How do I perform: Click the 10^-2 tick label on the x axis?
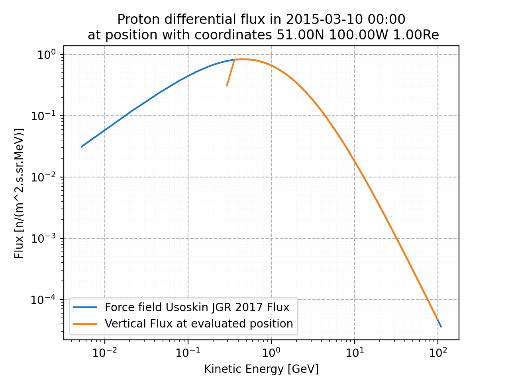104,352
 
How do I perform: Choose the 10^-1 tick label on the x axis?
188,352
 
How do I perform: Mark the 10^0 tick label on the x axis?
271,352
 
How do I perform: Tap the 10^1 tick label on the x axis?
355,352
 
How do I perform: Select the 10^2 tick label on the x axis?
438,352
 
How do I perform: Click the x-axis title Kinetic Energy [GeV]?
261,369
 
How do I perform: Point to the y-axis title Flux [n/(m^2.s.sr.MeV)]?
19,193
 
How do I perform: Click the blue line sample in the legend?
85,308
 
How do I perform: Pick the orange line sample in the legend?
85,324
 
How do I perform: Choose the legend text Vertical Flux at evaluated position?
199,324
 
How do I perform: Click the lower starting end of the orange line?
227,86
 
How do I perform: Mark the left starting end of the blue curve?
81,147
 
